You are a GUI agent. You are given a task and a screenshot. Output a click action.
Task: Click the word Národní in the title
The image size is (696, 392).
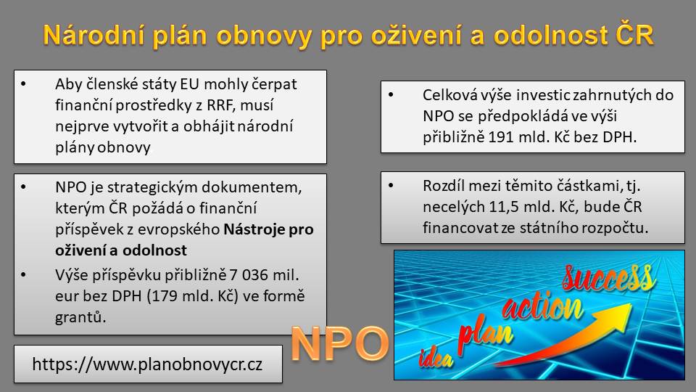click(x=94, y=35)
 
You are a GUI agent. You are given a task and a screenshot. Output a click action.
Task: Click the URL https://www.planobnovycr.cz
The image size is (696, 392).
click(x=147, y=364)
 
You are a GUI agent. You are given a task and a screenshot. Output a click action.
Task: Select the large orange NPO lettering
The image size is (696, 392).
click(x=340, y=343)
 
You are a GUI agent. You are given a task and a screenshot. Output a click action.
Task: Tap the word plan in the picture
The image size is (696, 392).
click(x=485, y=332)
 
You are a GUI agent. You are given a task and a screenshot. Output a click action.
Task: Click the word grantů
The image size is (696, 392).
click(x=80, y=317)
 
